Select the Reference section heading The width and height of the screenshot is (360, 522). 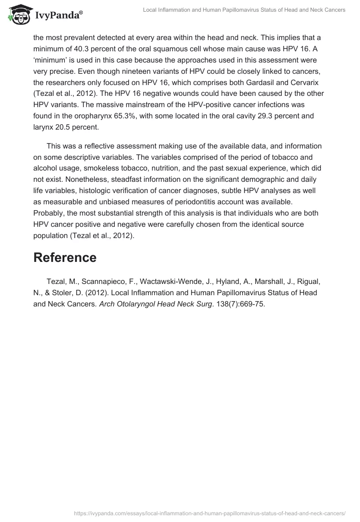pos(65,257)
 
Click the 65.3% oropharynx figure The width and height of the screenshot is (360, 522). pos(134,116)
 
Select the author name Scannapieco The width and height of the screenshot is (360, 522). pos(104,282)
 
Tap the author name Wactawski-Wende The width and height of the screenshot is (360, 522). pos(168,282)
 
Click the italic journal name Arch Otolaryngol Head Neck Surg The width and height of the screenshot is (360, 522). pos(156,304)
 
